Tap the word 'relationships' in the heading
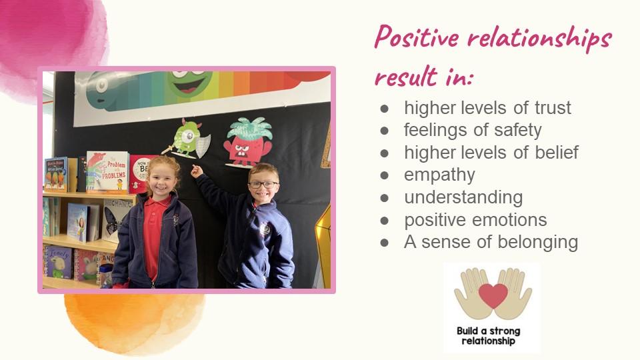[539, 37]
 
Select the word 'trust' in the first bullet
[553, 108]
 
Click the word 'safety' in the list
[517, 131]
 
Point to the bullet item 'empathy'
[439, 175]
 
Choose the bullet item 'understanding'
[463, 198]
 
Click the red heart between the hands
[493, 295]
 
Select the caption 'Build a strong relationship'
[488, 336]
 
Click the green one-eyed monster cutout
[187, 139]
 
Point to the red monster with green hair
[248, 143]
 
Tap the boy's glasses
[263, 185]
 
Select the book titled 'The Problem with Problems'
[108, 172]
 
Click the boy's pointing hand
[196, 170]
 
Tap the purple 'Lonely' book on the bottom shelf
[59, 262]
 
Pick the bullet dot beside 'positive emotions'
[384, 221]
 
